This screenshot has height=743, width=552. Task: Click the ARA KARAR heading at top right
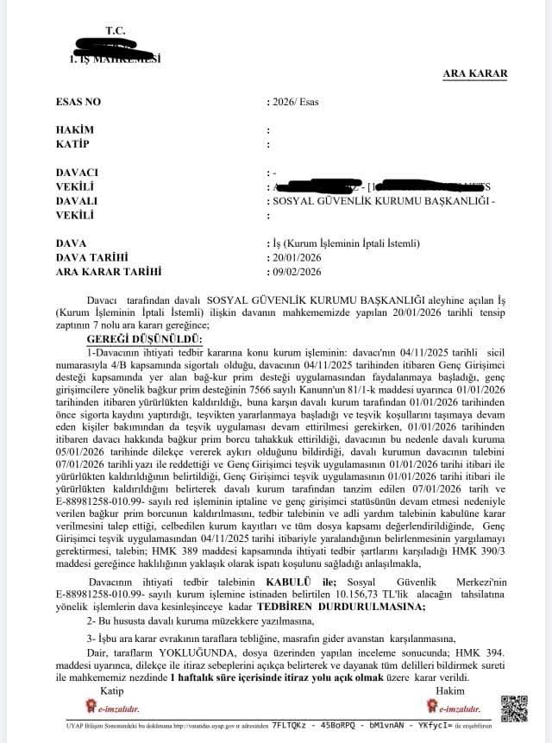click(475, 74)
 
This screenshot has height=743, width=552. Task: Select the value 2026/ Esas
click(295, 102)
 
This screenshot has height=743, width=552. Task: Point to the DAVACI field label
click(77, 173)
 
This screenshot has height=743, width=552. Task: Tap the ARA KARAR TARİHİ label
click(108, 271)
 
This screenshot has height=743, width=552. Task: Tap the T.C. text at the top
click(116, 31)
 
